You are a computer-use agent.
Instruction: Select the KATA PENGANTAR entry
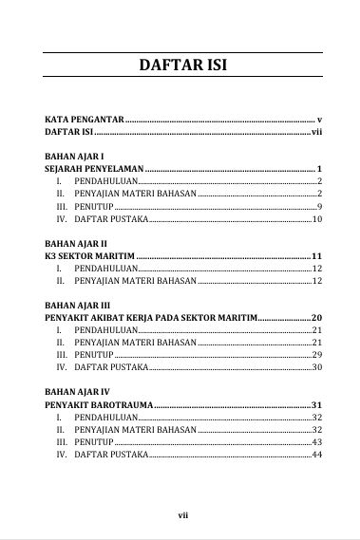[x=85, y=121]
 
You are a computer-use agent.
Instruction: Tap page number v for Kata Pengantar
[x=320, y=121]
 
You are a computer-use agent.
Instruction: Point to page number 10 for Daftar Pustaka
[x=317, y=219]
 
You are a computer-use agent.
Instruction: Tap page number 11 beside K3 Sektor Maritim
[x=317, y=256]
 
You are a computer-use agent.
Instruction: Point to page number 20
[x=317, y=317]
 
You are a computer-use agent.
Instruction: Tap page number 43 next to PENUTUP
[x=317, y=442]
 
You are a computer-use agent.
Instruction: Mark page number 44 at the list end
[x=317, y=455]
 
